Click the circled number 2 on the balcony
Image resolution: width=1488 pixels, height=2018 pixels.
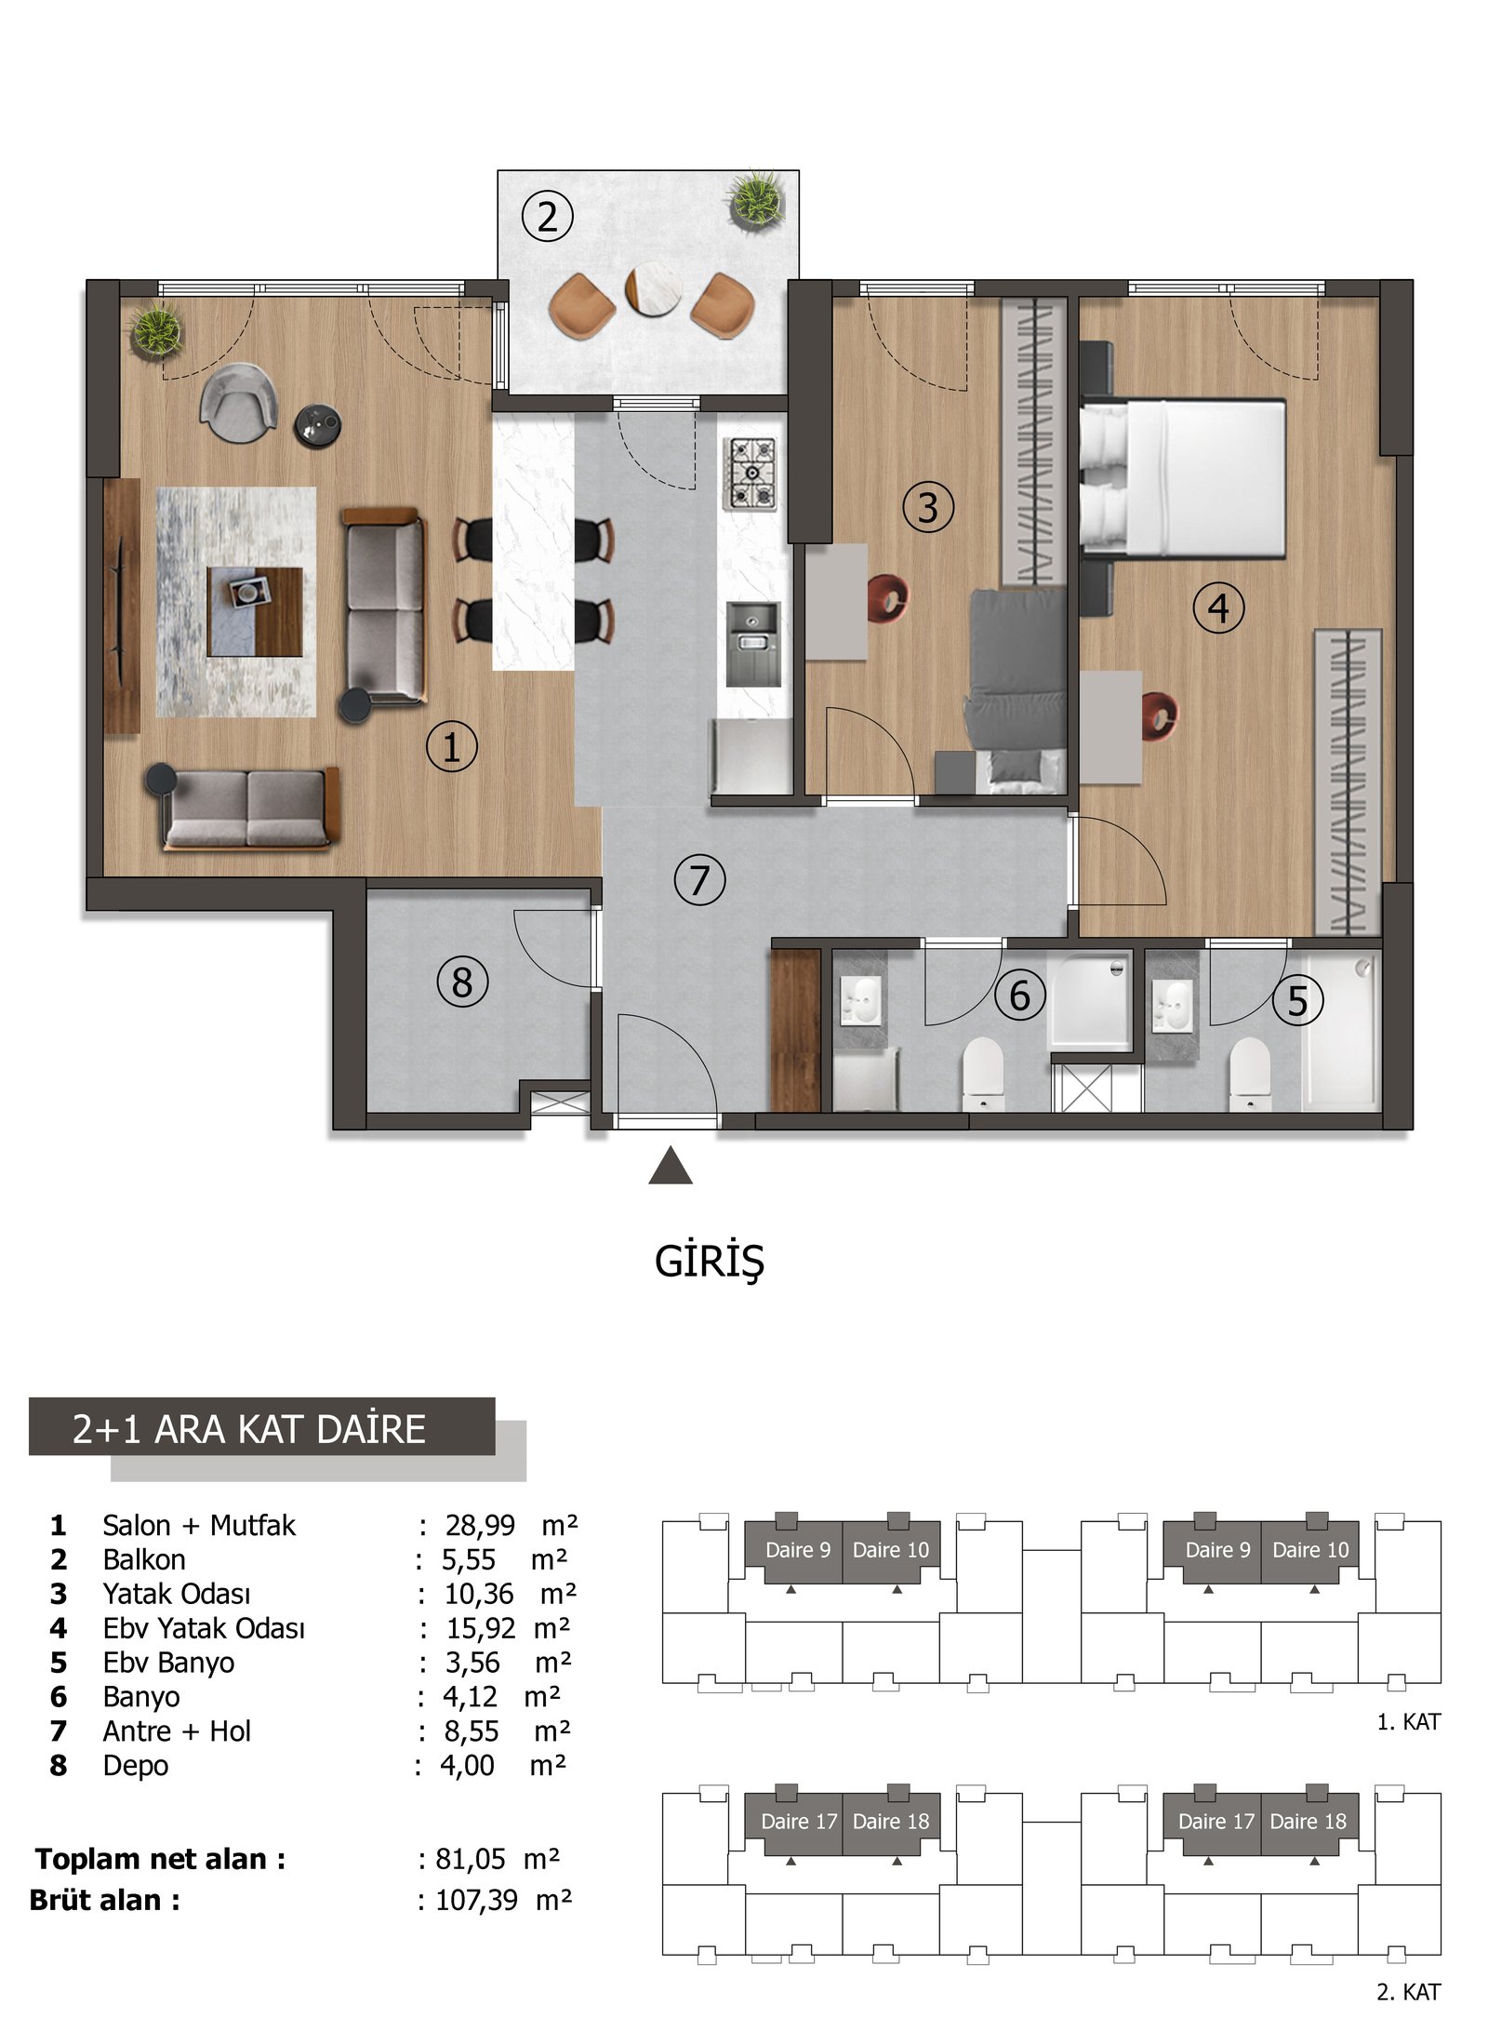(x=548, y=217)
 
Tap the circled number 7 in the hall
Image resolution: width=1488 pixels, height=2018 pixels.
(x=699, y=879)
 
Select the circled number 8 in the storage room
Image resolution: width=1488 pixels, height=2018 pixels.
(x=462, y=982)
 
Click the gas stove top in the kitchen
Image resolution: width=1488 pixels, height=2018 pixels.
(x=750, y=474)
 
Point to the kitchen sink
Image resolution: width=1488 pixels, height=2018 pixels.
(x=753, y=644)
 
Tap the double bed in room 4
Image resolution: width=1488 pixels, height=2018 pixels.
(x=1183, y=478)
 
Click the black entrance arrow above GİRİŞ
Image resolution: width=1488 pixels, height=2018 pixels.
(x=671, y=1166)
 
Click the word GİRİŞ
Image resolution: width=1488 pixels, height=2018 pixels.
(x=710, y=1262)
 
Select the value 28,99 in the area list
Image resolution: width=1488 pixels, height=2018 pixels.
(x=480, y=1525)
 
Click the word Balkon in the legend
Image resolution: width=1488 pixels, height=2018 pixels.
(x=144, y=1559)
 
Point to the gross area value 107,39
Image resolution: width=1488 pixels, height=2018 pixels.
(x=477, y=1900)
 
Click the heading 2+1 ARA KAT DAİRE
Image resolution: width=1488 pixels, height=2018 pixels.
(x=249, y=1429)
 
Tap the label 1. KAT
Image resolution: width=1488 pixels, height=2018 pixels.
(x=1408, y=1722)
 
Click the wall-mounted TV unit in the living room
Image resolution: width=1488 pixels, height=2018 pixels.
(x=122, y=606)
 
